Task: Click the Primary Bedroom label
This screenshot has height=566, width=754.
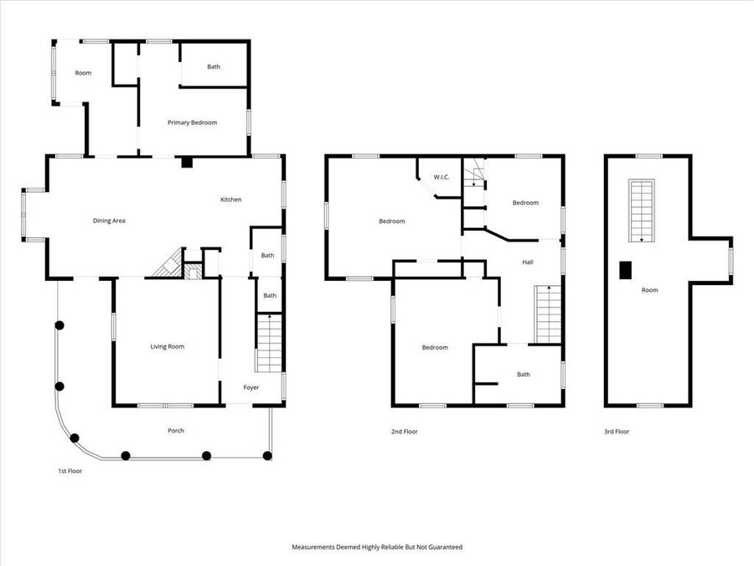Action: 192,122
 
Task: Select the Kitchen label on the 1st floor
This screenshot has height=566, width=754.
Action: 230,200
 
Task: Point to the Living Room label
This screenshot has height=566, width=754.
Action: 167,346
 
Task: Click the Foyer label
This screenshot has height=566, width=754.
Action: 251,387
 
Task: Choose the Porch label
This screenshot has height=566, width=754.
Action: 175,431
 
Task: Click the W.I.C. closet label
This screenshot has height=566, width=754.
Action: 442,177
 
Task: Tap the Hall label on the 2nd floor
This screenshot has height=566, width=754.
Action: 528,262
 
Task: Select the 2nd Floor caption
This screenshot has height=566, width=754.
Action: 404,432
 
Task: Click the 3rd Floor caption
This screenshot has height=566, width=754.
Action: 617,432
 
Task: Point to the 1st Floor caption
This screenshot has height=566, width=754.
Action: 70,471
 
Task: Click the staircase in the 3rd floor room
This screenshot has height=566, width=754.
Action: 643,210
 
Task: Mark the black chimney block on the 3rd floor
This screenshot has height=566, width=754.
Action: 625,269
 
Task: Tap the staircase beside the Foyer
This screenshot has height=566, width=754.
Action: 268,344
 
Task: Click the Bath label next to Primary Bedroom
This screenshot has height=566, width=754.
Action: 214,67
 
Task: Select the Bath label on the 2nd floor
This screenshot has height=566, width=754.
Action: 524,375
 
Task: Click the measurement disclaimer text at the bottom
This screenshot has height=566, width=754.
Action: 376,547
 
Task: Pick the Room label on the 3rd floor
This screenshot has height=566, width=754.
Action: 649,290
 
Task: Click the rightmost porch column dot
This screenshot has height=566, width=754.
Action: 267,456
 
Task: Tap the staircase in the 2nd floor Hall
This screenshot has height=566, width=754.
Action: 547,314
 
